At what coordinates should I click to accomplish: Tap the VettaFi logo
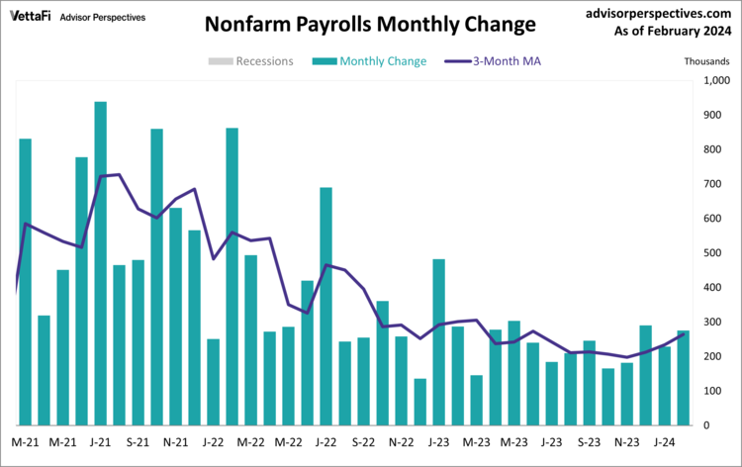pos(31,17)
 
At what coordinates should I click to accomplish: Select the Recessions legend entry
pos(251,61)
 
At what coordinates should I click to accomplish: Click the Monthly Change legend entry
pos(370,61)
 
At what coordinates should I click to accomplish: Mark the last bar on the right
pos(684,377)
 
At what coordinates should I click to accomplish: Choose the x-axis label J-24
pos(665,442)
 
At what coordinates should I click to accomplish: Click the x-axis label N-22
pos(402,442)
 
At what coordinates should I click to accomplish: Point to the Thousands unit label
pos(707,61)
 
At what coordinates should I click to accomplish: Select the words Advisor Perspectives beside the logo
pos(102,18)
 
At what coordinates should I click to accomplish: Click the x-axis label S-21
pos(138,442)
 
